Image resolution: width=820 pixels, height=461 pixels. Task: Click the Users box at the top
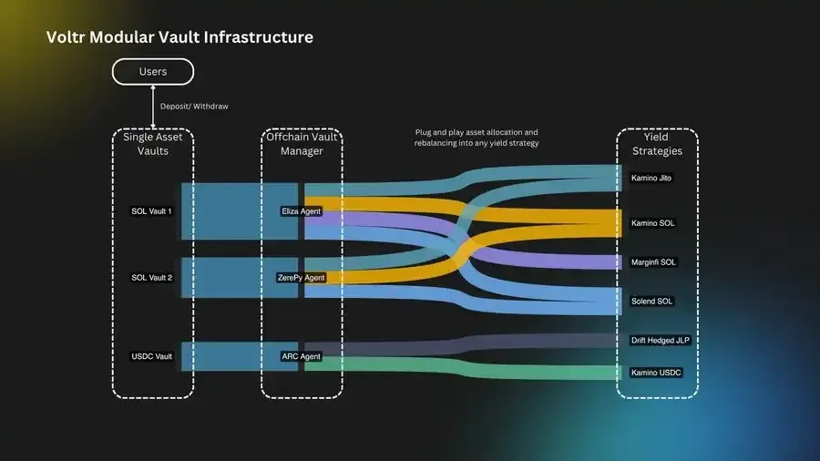coord(152,71)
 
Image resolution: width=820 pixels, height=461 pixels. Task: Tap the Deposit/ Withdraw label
coord(194,107)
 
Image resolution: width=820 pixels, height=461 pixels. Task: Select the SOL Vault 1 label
coord(151,211)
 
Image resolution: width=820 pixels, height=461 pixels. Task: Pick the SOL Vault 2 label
coord(151,277)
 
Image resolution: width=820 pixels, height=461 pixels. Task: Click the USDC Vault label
coord(151,356)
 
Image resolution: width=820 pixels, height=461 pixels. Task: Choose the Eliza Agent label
coord(301,211)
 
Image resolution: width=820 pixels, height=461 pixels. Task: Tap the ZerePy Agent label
coord(301,277)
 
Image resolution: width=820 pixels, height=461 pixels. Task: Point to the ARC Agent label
coord(301,356)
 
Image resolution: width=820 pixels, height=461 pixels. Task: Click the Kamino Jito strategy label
coord(651,178)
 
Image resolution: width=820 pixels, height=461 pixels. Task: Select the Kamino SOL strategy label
coord(652,223)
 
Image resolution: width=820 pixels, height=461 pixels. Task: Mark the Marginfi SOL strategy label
coord(654,262)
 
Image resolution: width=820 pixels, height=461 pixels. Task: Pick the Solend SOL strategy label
coord(652,301)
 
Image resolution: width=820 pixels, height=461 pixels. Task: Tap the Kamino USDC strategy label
coord(656,373)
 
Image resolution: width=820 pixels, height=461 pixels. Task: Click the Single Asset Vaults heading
coord(152,144)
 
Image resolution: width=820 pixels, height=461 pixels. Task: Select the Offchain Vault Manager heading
coord(302,144)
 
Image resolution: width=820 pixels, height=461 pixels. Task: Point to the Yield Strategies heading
coord(656,144)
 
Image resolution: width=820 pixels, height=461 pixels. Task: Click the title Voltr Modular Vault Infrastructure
coord(179,37)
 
